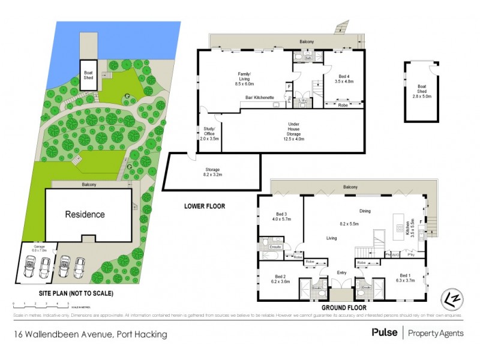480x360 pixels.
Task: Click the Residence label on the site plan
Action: [x=85, y=214]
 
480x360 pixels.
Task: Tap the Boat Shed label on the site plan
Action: [x=89, y=74]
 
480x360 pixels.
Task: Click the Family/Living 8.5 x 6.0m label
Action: [x=247, y=79]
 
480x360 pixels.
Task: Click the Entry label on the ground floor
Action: [x=342, y=274]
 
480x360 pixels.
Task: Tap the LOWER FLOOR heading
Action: [x=204, y=206]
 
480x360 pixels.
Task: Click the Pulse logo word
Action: [x=384, y=332]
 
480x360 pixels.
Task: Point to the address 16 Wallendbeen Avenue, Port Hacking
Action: [x=91, y=334]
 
